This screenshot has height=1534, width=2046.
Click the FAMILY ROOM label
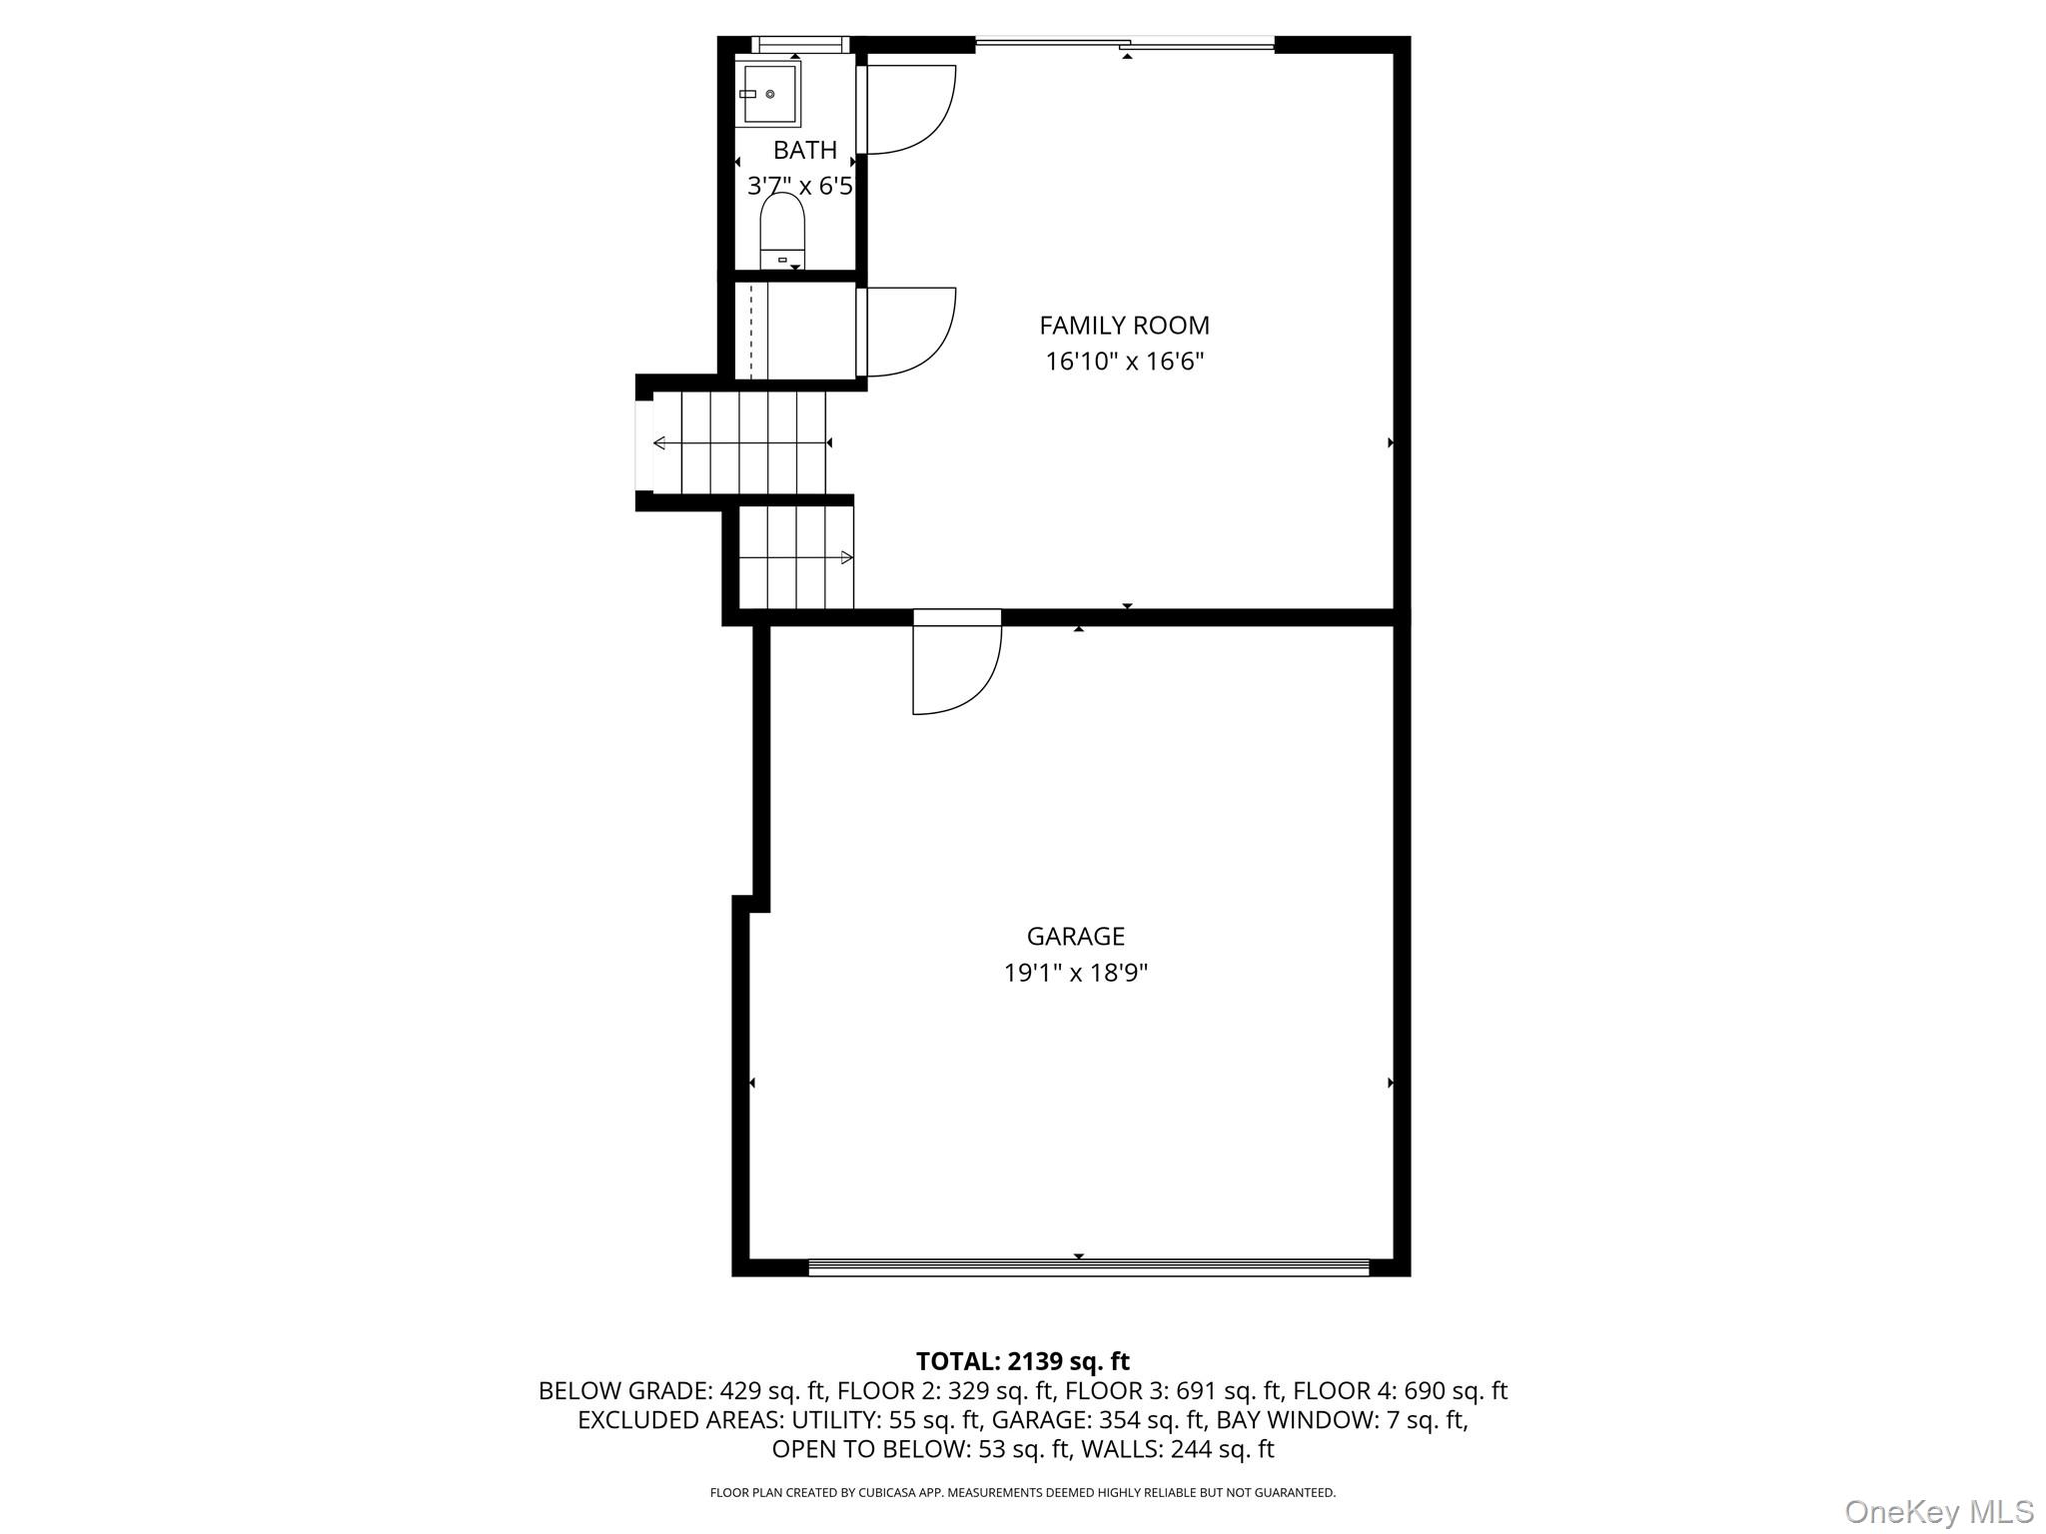click(1124, 326)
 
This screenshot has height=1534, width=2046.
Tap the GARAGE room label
click(1076, 937)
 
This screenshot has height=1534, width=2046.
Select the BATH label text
click(805, 151)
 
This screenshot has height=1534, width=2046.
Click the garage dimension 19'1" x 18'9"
click(1076, 973)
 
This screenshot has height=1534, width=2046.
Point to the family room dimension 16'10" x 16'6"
click(1125, 362)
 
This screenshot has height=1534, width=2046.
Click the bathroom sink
click(768, 94)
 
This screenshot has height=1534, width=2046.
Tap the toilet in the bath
click(782, 231)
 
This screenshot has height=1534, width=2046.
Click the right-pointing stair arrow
click(796, 557)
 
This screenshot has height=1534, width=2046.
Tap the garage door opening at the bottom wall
click(1088, 1266)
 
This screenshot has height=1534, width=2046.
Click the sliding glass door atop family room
click(1125, 43)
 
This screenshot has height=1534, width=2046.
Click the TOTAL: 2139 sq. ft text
click(1023, 1361)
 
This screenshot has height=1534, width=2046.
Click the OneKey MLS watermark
click(1939, 1512)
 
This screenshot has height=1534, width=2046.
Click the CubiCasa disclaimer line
click(1023, 1493)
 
